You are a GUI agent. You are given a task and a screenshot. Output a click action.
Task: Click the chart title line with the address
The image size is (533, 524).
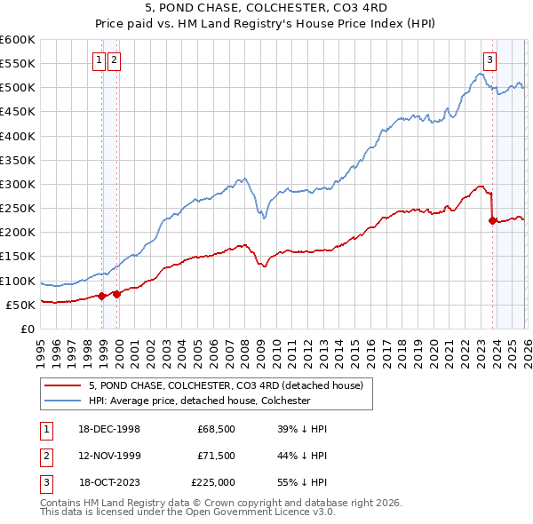coord(266,8)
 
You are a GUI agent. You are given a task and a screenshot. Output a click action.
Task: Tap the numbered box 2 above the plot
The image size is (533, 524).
coord(115,60)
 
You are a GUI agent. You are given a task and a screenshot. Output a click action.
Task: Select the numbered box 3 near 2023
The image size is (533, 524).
coord(489,60)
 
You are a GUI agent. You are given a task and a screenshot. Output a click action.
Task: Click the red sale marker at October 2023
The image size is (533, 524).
coord(492,221)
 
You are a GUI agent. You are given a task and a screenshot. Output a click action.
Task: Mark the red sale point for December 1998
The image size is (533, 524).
coord(102,297)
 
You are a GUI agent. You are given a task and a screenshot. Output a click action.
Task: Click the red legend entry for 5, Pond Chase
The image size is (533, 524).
coord(226,386)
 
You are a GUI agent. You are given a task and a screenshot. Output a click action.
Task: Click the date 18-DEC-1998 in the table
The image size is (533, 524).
coord(108,429)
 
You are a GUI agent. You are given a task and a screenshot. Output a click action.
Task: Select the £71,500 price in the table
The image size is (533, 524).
coord(215,456)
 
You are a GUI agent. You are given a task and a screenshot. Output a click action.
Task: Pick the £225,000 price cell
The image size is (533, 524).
coord(213,482)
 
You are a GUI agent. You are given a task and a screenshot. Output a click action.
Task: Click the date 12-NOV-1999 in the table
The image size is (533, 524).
coord(108,456)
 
